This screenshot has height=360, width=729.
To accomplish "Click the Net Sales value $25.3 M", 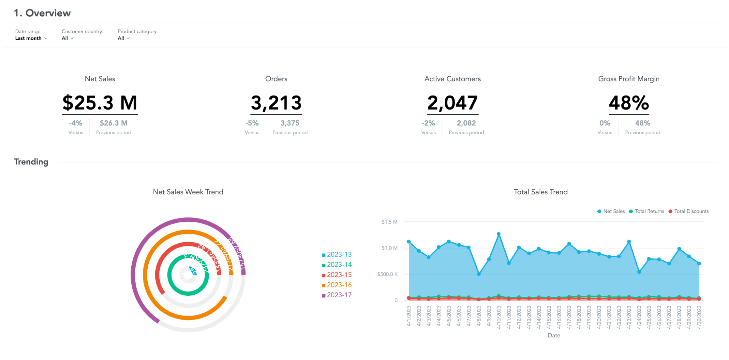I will (100, 103).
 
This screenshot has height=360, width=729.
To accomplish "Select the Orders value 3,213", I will (276, 103).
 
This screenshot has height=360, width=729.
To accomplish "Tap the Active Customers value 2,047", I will (452, 103).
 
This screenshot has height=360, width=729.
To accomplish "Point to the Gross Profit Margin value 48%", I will (629, 103).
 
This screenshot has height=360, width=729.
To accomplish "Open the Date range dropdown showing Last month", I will (31, 38).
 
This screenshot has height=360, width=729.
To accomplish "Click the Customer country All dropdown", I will (67, 38).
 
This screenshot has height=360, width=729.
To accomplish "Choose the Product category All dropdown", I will (124, 38).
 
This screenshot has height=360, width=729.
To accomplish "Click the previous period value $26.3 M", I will (113, 123).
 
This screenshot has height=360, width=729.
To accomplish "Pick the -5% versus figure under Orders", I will (252, 123).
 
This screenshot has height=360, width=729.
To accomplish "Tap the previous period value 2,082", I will (466, 123).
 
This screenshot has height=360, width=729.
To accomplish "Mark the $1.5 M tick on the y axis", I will (389, 222).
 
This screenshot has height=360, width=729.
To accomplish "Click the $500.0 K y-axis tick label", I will (387, 274).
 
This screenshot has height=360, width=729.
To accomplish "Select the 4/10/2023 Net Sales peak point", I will (499, 234).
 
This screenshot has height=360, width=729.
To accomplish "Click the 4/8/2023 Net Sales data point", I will (479, 274).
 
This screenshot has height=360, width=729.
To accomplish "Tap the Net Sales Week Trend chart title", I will (188, 192).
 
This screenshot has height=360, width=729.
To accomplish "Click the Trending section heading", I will (31, 162).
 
